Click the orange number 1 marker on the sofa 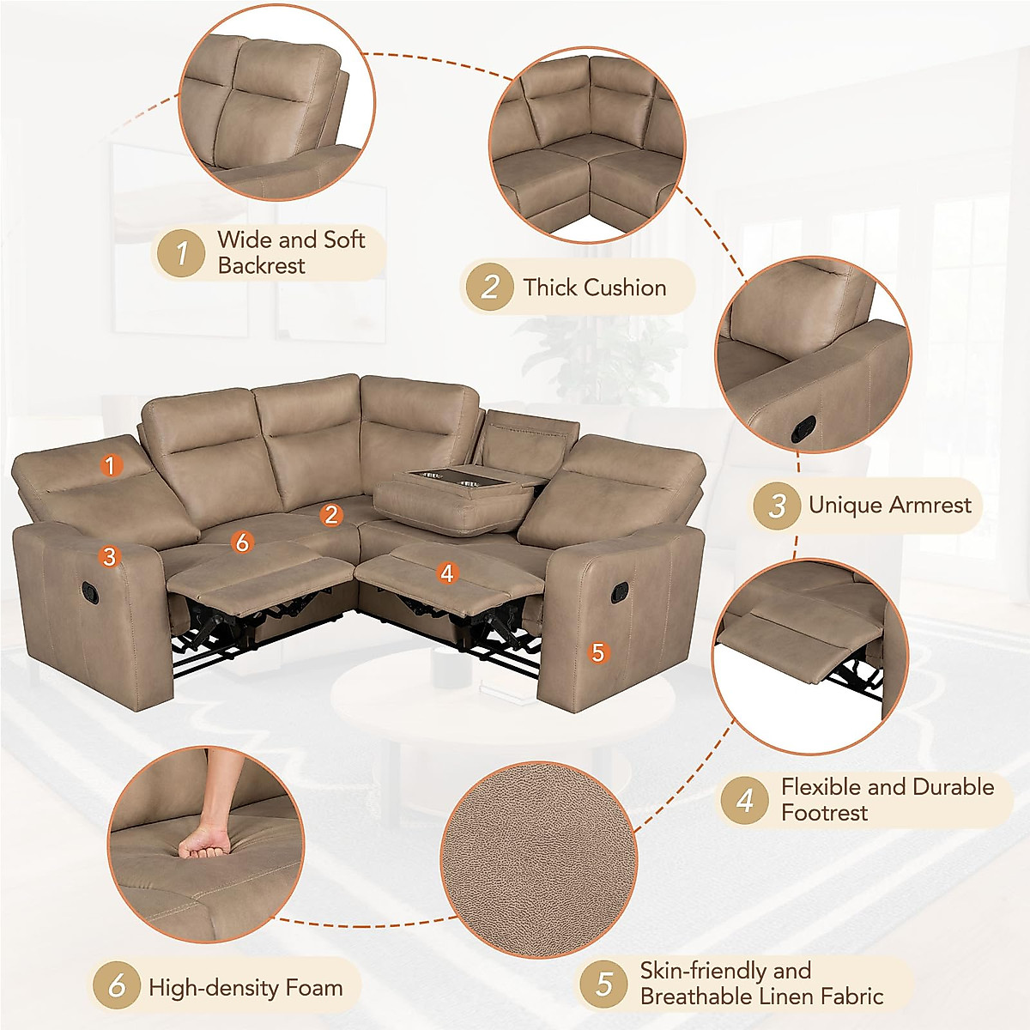click(x=110, y=465)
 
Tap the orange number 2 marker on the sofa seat click(x=331, y=514)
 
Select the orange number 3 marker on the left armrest click(x=108, y=556)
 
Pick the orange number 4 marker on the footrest click(x=446, y=572)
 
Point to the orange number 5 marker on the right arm click(x=598, y=652)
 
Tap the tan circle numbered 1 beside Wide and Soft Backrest click(x=182, y=253)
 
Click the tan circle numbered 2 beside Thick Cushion click(x=490, y=287)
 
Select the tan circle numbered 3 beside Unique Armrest click(x=778, y=505)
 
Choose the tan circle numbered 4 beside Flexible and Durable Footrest click(x=745, y=800)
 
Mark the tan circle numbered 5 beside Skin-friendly click(x=605, y=984)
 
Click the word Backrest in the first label click(x=261, y=266)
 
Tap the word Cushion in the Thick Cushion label click(x=625, y=288)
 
